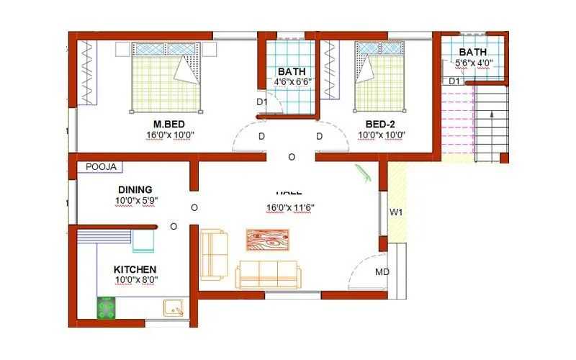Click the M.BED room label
click(x=170, y=124)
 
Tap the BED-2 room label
click(x=378, y=124)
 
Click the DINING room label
click(x=135, y=189)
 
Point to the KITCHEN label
click(x=135, y=269)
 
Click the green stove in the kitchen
click(x=108, y=308)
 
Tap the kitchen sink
click(x=174, y=308)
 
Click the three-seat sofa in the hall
click(x=267, y=274)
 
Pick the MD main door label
click(x=382, y=272)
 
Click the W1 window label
click(x=396, y=212)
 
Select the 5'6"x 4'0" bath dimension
click(x=473, y=63)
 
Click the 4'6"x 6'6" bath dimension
click(x=291, y=82)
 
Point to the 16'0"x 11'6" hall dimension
click(x=290, y=208)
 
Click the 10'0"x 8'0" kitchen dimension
click(x=135, y=280)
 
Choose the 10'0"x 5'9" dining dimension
click(x=135, y=200)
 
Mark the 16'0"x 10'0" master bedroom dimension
click(x=170, y=135)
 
